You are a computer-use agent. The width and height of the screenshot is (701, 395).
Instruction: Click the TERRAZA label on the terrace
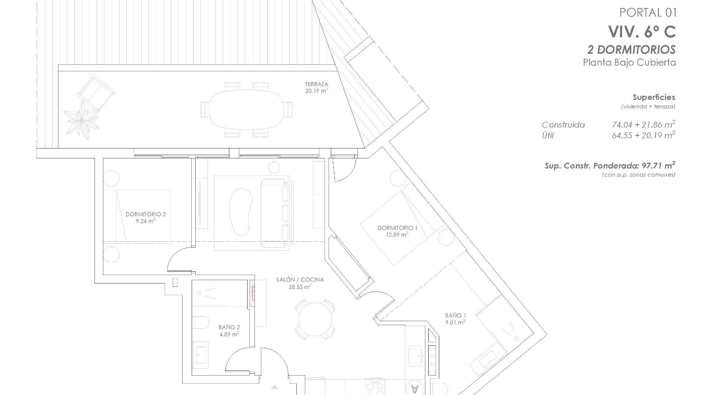pyautogui.click(x=316, y=84)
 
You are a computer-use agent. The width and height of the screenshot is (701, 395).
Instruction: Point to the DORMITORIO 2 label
pyautogui.click(x=145, y=214)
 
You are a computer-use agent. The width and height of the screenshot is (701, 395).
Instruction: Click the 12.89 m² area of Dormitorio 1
pyautogui.click(x=397, y=235)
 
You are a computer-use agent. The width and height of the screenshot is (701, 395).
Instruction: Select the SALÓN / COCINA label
pyautogui.click(x=300, y=280)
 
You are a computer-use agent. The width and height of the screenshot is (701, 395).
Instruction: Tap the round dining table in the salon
pyautogui.click(x=315, y=319)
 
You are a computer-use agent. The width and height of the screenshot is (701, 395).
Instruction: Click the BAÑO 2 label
pyautogui.click(x=229, y=327)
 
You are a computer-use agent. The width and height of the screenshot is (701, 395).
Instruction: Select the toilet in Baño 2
pyautogui.click(x=200, y=323)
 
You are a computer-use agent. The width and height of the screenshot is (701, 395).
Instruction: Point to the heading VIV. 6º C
pyautogui.click(x=642, y=32)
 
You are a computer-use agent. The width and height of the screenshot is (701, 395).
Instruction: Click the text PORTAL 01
pyautogui.click(x=648, y=13)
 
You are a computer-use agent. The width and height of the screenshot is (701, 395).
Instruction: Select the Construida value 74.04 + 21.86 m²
pyautogui.click(x=643, y=125)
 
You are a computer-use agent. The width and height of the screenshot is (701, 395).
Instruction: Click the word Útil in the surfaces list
pyautogui.click(x=548, y=136)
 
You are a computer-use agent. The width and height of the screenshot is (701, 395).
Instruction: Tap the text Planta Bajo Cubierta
pyautogui.click(x=629, y=63)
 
